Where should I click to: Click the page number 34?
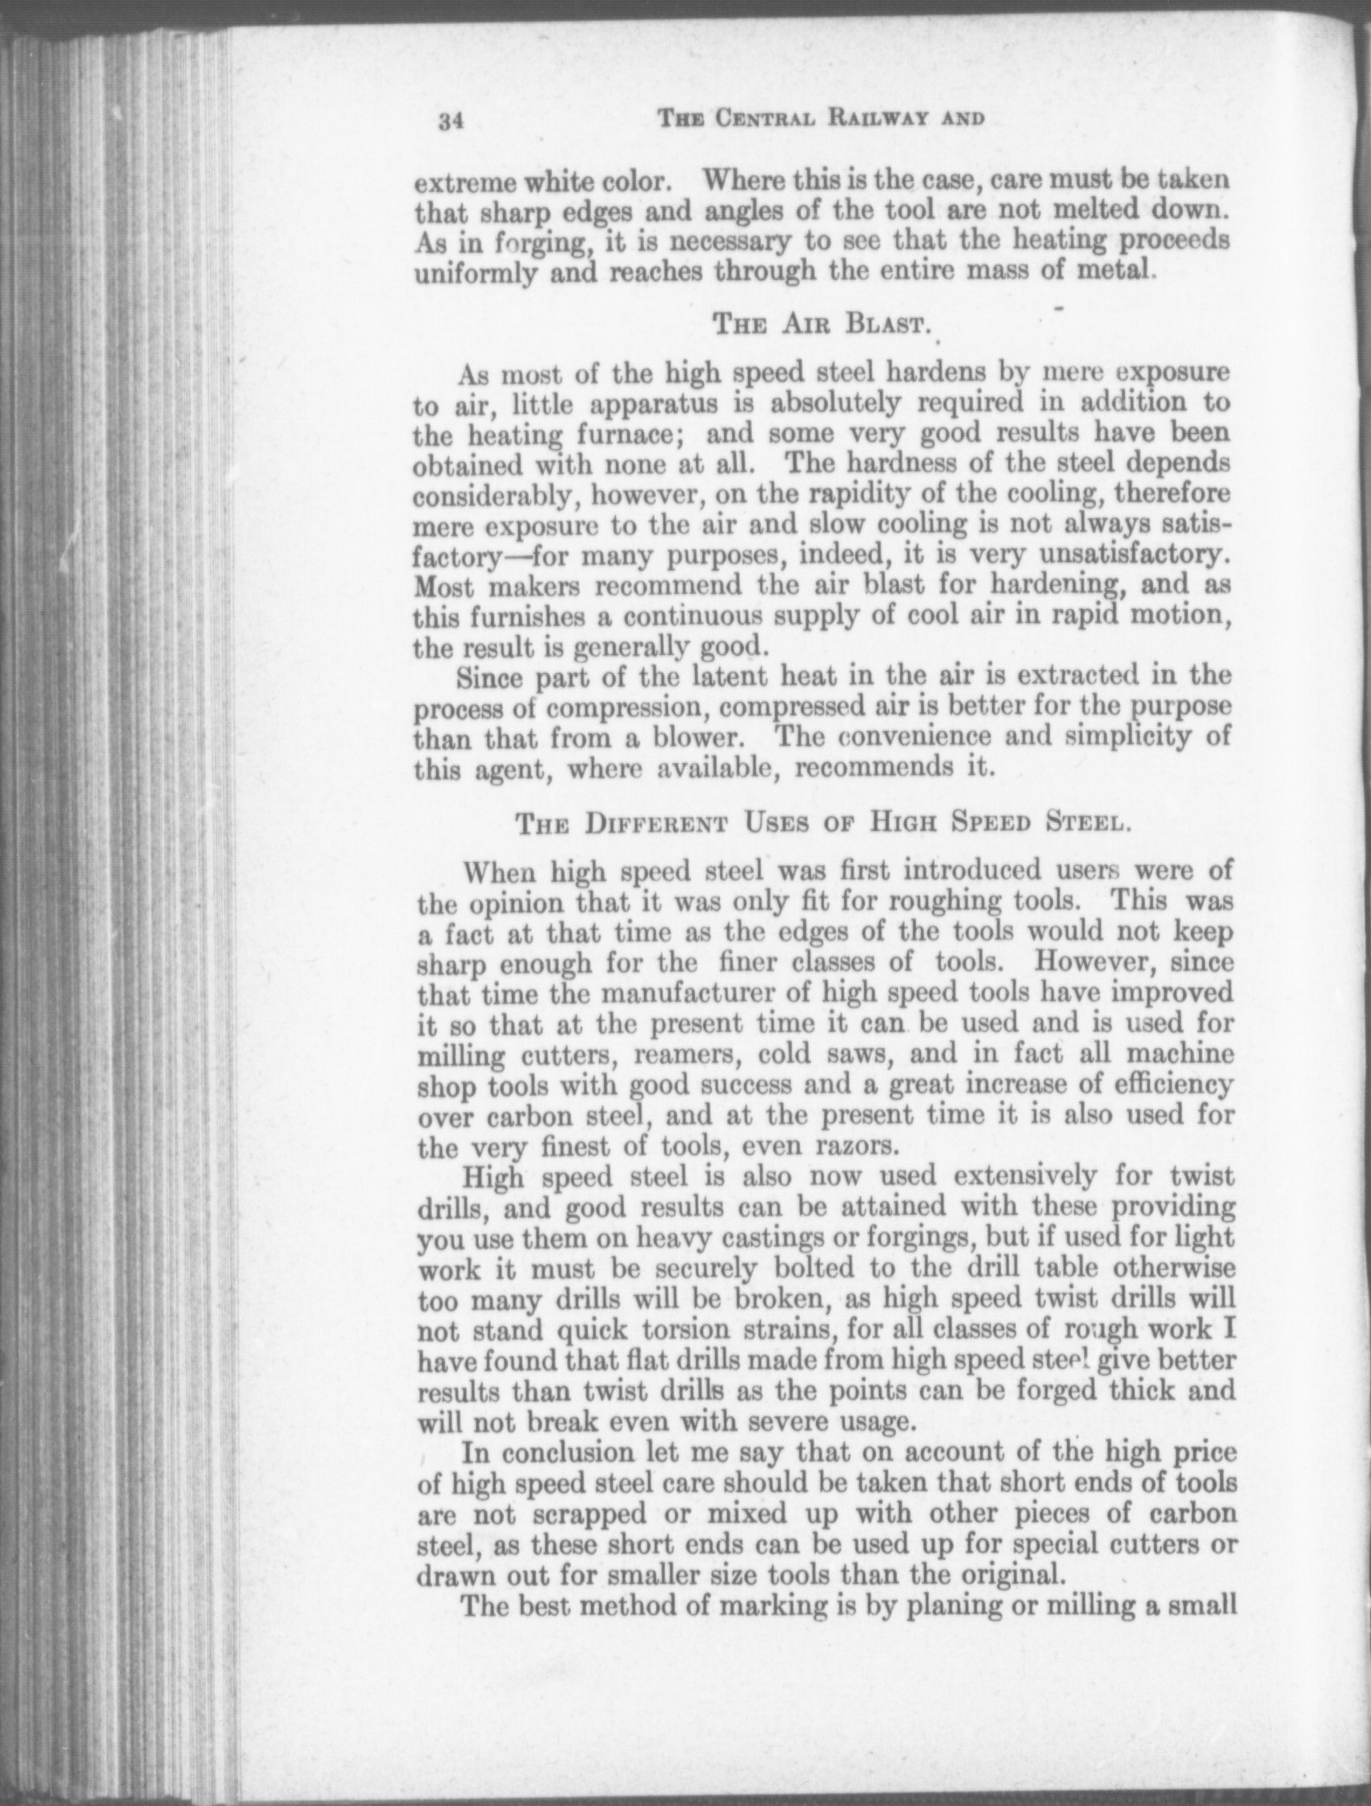click(x=450, y=122)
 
